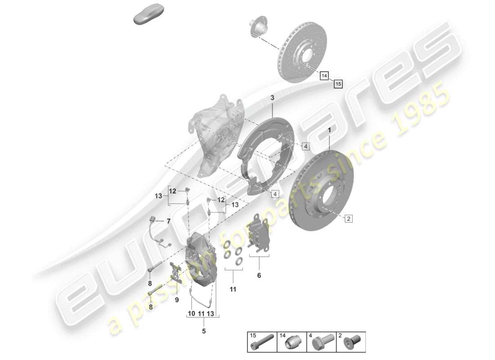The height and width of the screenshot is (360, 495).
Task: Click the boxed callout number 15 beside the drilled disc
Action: click(338, 83)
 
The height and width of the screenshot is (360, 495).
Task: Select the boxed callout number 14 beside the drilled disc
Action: click(324, 76)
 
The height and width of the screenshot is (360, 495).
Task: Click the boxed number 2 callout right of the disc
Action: click(348, 219)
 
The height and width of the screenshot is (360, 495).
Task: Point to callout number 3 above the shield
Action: click(272, 98)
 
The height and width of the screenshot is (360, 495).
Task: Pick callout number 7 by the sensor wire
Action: click(168, 221)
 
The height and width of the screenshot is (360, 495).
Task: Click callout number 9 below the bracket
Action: click(177, 299)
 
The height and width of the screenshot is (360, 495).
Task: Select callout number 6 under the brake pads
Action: click(259, 275)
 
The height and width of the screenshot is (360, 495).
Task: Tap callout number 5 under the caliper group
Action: click(203, 332)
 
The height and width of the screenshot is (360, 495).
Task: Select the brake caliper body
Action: click(200, 261)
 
